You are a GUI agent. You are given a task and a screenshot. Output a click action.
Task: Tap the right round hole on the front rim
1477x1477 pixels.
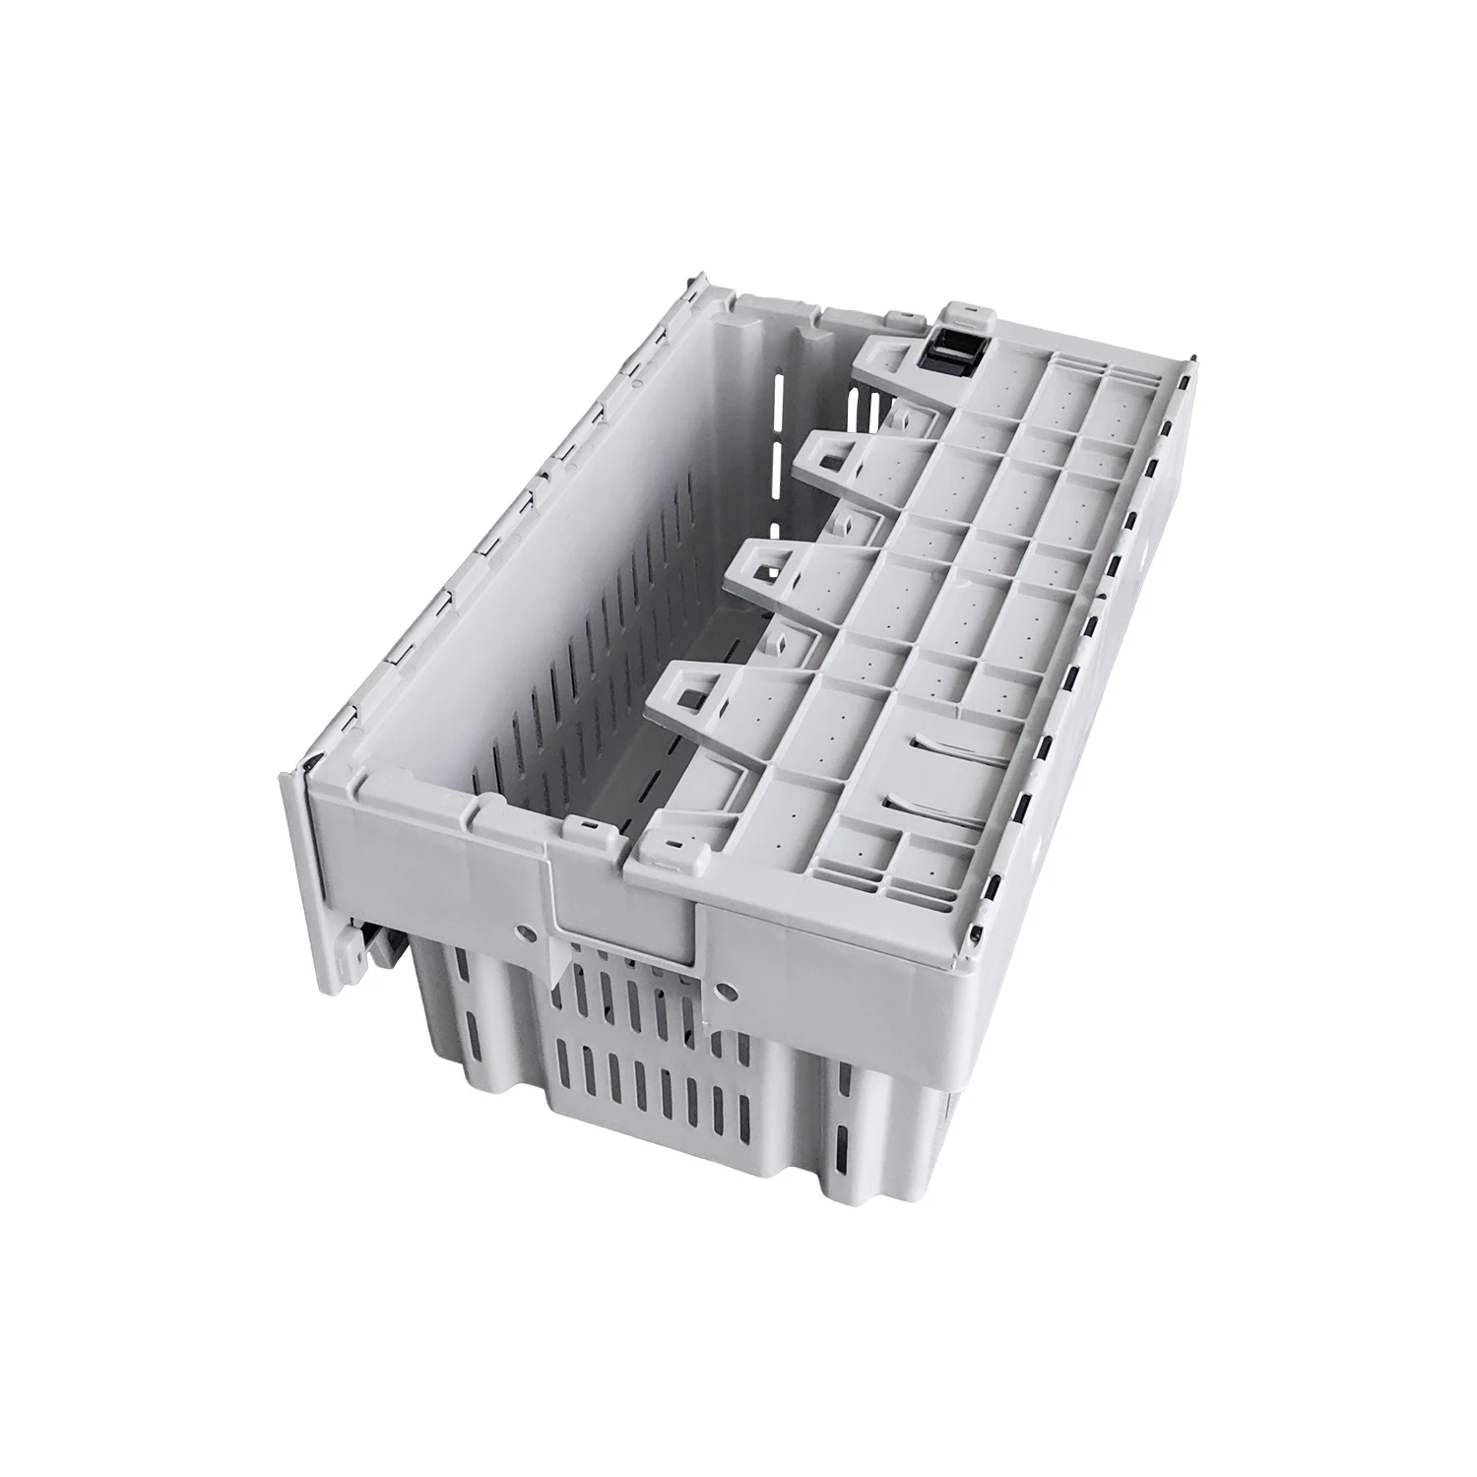[726, 988]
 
